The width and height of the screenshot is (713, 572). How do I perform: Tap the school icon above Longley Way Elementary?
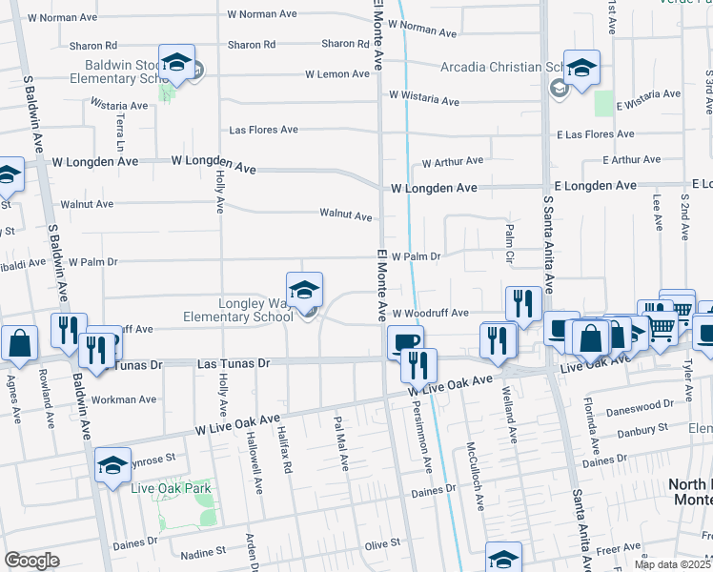[x=304, y=289]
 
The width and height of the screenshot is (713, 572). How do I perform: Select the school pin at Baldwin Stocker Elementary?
[x=176, y=62]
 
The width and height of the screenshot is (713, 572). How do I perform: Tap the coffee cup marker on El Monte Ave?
[x=405, y=341]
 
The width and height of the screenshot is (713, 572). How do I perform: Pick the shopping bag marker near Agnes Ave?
[x=18, y=342]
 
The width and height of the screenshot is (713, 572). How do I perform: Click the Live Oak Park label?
[x=172, y=488]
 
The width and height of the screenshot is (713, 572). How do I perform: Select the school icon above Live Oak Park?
[x=112, y=464]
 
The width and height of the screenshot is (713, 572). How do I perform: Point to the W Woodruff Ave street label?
[x=430, y=313]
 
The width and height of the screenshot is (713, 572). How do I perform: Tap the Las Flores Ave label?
[x=264, y=130]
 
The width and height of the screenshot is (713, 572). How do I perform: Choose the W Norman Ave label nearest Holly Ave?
[x=262, y=14]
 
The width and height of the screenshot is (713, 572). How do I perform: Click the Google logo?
[x=31, y=561]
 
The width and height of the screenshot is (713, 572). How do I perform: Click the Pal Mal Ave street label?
[x=341, y=441]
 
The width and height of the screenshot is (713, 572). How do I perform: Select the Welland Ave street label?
[x=512, y=420]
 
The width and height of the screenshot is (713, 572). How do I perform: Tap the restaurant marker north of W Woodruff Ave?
[x=522, y=303]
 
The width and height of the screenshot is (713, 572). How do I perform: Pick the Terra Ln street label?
[x=120, y=133]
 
